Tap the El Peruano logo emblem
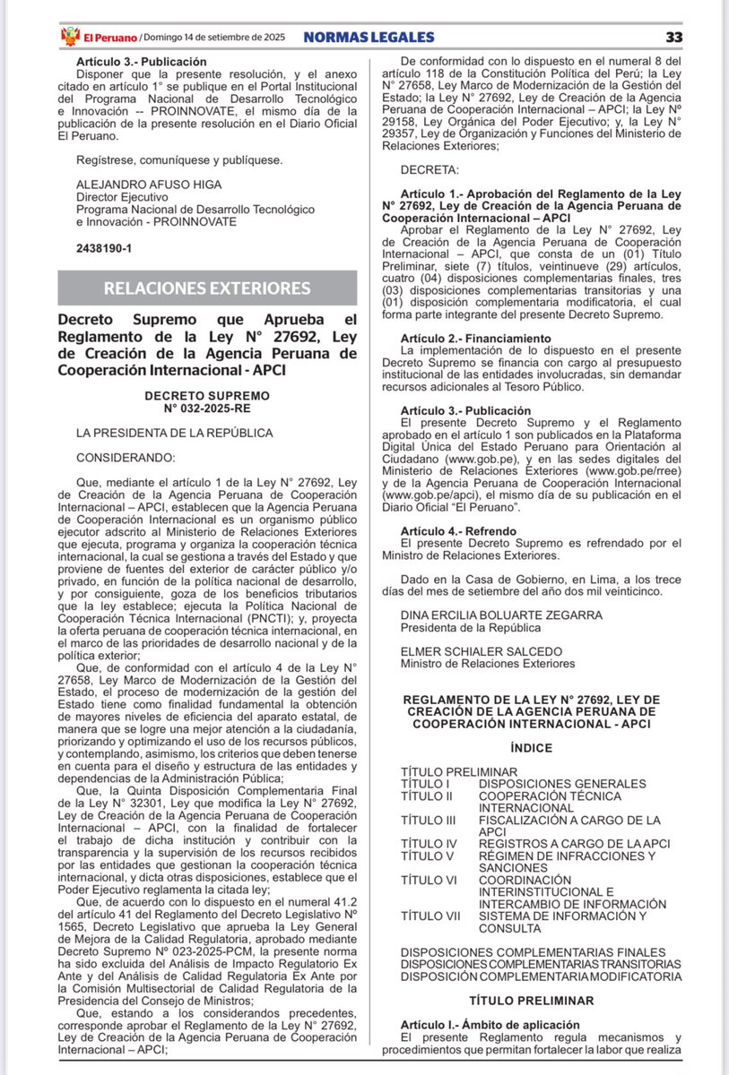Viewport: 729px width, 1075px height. (69, 37)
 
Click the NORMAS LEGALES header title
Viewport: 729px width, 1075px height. (369, 37)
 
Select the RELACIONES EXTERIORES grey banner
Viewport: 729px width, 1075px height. (207, 288)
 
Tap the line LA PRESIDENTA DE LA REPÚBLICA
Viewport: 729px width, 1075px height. (174, 432)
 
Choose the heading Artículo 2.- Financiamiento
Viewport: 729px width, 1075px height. (476, 338)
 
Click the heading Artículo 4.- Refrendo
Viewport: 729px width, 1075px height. (459, 531)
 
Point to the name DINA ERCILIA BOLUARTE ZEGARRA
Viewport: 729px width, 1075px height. (501, 615)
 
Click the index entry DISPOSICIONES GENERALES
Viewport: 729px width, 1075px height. (561, 783)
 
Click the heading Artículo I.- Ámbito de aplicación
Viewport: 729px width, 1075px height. (490, 1024)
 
